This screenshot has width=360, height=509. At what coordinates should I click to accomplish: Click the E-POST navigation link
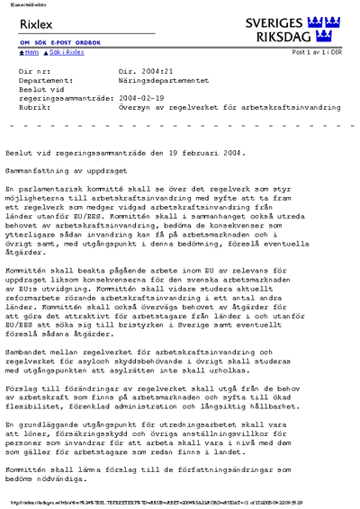tap(61, 43)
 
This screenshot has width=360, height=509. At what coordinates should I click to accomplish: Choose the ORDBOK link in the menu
tap(88, 43)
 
